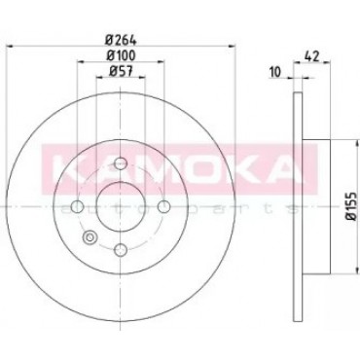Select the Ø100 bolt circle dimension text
coord(121,55)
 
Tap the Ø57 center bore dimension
coord(121,71)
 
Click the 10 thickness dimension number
coord(274,72)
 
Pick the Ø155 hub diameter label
coord(353,207)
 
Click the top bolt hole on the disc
coord(121,162)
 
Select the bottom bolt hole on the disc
coord(121,249)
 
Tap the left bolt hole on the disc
coord(77,206)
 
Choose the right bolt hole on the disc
coord(163,206)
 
